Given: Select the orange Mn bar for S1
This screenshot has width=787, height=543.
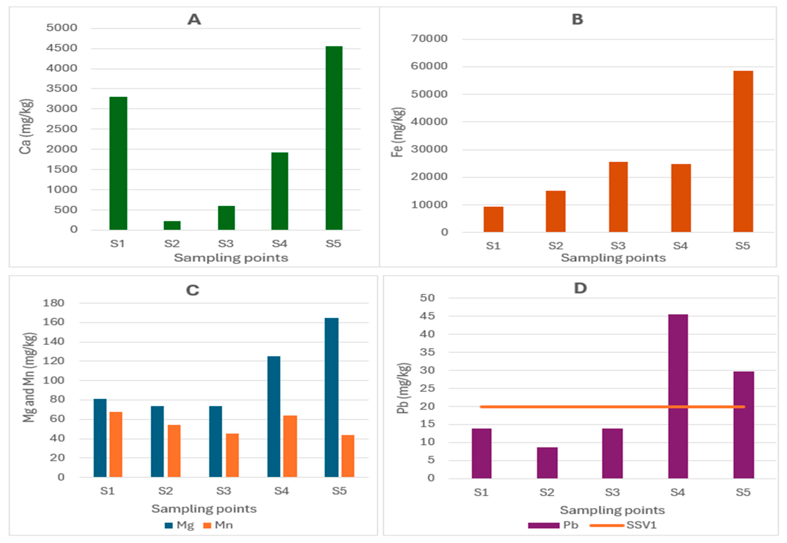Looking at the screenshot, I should (116, 444).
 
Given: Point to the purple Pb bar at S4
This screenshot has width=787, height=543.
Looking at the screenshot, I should (678, 396).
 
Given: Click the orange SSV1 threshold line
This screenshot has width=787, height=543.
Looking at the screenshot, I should (578, 407).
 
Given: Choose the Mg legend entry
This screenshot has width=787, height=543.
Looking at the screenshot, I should (179, 525).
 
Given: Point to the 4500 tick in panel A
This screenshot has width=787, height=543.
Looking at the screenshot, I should (62, 48).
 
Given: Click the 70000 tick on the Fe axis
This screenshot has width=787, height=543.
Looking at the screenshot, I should (429, 39).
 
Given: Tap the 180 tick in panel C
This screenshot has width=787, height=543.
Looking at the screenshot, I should (53, 303).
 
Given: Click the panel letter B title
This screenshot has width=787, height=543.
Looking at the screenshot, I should (577, 19).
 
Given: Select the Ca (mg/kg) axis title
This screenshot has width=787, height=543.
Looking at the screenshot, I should (26, 126).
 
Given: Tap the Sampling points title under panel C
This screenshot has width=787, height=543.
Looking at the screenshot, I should (204, 509).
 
